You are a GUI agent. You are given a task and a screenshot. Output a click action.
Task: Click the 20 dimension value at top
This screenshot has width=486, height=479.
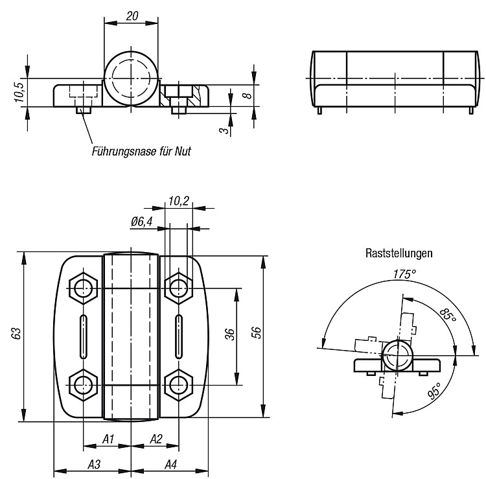click(132, 16)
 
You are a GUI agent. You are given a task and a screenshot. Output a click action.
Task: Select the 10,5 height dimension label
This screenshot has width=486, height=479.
click(19, 93)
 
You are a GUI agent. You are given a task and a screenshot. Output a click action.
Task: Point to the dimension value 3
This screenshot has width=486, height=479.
click(224, 130)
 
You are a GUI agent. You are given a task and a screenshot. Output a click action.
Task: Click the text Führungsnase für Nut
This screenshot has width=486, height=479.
click(141, 151)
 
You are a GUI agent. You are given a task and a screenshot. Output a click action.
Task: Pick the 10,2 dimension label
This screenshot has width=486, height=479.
click(179, 201)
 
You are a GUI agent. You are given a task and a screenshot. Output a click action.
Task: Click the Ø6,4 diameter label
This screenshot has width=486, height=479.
click(142, 222)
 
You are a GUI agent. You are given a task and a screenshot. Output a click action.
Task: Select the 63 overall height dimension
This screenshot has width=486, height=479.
click(16, 333)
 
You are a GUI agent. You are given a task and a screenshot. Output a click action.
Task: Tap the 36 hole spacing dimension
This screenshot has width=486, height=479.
click(230, 334)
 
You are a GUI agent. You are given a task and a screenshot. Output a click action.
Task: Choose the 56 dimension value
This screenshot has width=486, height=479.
click(257, 333)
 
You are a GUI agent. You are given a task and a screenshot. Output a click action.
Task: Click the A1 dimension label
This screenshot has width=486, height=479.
click(108, 439)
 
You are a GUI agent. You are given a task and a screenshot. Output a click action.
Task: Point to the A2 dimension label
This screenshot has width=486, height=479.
click(156, 439)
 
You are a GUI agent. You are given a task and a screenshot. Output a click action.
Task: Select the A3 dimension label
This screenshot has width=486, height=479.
click(94, 465)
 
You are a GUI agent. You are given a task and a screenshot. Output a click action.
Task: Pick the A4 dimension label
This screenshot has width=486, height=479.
click(171, 465)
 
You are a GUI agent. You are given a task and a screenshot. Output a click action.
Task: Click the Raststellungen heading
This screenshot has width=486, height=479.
click(399, 253)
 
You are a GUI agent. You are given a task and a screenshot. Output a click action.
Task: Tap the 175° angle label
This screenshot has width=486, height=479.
click(404, 274)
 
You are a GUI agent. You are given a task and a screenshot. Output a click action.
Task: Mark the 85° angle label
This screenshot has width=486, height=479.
click(448, 315)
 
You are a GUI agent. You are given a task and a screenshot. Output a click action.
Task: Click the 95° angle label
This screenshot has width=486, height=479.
click(434, 390)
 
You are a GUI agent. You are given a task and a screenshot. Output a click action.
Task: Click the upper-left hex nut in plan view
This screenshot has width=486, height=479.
click(84, 288)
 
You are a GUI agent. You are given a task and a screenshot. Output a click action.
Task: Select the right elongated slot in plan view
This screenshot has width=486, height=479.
click(179, 336)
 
